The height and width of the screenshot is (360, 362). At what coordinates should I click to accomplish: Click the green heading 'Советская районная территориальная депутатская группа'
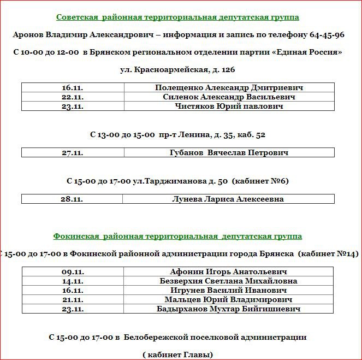click(x=177, y=17)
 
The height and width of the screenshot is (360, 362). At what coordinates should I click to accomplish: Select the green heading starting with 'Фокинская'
click(x=177, y=237)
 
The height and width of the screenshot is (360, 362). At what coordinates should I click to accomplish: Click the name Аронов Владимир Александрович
click(x=80, y=35)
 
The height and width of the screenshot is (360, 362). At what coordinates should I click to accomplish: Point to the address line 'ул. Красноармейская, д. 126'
click(x=177, y=70)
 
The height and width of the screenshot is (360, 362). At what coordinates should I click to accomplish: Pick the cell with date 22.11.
click(x=73, y=97)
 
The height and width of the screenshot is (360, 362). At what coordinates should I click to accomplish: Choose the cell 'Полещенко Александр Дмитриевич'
click(x=229, y=87)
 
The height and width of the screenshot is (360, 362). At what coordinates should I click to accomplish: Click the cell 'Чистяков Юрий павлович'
click(x=229, y=106)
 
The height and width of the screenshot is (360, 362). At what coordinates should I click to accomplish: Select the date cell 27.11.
click(x=73, y=153)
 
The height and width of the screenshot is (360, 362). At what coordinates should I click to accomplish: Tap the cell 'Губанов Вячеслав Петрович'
click(x=229, y=153)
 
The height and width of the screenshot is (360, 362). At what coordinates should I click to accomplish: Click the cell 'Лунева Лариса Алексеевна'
click(x=228, y=199)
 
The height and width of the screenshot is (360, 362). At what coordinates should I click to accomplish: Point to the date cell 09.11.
click(x=73, y=272)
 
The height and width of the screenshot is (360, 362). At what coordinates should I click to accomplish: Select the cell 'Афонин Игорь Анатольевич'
click(x=228, y=272)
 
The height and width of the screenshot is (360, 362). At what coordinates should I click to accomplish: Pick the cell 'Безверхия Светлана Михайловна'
click(x=228, y=281)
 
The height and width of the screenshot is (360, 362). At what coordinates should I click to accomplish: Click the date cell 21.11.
click(x=73, y=299)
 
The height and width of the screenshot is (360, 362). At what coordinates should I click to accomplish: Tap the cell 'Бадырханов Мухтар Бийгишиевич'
click(x=228, y=309)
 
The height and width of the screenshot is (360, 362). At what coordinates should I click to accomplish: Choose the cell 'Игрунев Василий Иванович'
click(x=228, y=290)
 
